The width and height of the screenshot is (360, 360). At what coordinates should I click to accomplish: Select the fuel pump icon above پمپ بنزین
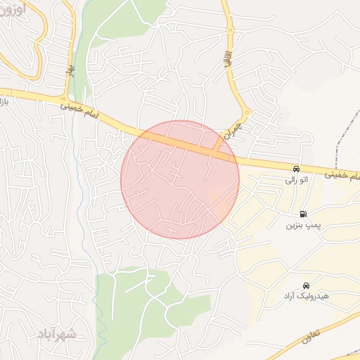pos(303,214)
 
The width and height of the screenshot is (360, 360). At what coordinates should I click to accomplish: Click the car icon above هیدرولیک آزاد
pos(306,285)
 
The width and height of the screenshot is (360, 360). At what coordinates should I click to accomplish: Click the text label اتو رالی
pos(297,181)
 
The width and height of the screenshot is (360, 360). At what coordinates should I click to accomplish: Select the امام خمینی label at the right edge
pos(345,174)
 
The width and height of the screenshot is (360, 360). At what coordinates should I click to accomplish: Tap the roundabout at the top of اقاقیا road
pos(230,30)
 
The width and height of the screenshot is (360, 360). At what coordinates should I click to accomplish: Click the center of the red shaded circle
pos(180,179)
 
